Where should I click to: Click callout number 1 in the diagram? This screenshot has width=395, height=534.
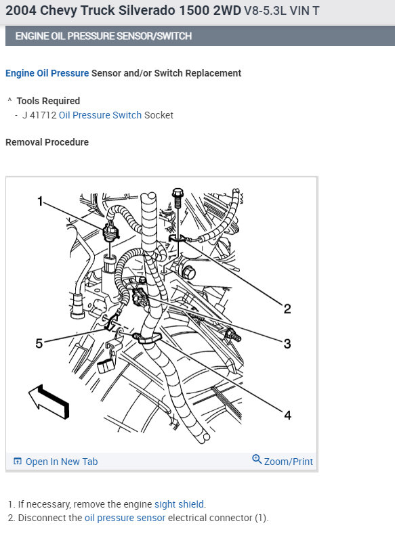[40, 201]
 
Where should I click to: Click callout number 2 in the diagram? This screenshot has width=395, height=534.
[287, 309]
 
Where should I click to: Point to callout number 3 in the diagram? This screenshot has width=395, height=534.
[287, 344]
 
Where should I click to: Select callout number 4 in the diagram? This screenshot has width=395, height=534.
[287, 415]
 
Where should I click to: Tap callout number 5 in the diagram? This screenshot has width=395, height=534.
[39, 344]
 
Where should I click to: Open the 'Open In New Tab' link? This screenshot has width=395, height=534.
[61, 462]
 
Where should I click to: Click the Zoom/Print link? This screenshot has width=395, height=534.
[288, 462]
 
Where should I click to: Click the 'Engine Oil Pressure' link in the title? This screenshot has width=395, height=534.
[47, 73]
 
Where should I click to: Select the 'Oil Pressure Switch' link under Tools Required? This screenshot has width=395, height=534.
[100, 115]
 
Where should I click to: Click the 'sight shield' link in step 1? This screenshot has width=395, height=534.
[179, 504]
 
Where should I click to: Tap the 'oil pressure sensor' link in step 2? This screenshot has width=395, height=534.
[125, 518]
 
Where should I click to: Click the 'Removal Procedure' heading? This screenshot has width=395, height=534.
[47, 142]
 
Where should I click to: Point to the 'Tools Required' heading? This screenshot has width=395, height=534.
[48, 101]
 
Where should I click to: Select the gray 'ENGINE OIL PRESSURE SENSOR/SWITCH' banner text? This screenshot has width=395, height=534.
[103, 36]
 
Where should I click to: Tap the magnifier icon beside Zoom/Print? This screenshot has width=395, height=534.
[257, 460]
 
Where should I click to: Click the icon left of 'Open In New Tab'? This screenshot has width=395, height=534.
[18, 462]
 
